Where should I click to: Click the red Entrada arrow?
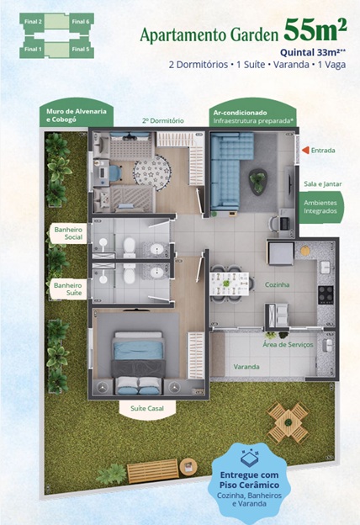(x=305, y=151)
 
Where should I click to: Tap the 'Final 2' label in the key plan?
(x=33, y=22)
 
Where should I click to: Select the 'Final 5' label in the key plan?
(x=81, y=49)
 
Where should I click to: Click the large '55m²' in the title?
(x=315, y=29)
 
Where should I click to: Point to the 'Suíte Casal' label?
(x=147, y=409)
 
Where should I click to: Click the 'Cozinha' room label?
(x=277, y=284)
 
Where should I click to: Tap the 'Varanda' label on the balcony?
(x=246, y=367)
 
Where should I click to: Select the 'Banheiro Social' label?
(x=68, y=233)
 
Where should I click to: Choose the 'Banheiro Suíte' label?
(x=68, y=289)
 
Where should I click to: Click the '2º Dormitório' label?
(x=162, y=121)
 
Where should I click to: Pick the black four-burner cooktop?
(x=326, y=295)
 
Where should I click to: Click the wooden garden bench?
(x=153, y=471)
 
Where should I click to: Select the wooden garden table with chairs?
(x=288, y=422)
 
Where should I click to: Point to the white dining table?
(x=230, y=284)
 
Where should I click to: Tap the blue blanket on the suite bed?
(x=138, y=350)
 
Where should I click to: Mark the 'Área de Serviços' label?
(x=288, y=345)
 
